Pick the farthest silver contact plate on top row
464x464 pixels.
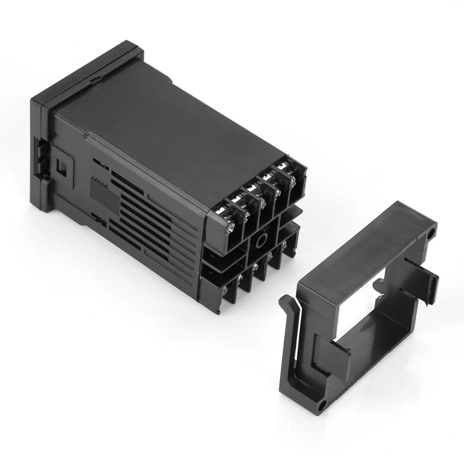[282, 166]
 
